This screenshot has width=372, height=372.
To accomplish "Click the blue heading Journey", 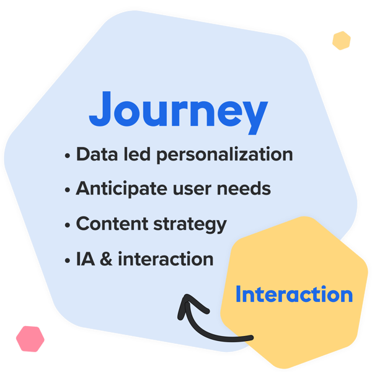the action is [179, 113].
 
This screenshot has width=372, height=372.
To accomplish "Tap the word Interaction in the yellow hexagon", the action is [294, 294].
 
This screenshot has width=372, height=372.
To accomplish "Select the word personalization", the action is [224, 155].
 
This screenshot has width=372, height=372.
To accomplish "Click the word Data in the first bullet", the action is [97, 154].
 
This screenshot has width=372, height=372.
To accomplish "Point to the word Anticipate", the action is [122, 189].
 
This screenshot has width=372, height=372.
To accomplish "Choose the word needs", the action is [244, 188].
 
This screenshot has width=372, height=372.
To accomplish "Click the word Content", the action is [112, 223].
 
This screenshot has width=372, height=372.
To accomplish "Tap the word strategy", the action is [190, 224].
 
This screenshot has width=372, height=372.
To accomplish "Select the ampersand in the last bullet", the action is [106, 259].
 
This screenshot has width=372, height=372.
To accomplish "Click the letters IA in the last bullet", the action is [86, 259].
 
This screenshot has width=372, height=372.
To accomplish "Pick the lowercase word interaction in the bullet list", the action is [166, 259].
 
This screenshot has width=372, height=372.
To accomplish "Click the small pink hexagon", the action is [30, 339].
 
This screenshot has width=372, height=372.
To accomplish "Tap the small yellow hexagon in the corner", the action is [342, 40].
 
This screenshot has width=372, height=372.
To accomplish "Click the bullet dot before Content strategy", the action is [68, 225].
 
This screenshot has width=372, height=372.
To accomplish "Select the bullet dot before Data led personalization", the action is [68, 156].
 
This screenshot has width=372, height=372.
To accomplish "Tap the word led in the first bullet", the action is [137, 154].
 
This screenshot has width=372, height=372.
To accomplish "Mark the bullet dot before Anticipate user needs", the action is [68, 190].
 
